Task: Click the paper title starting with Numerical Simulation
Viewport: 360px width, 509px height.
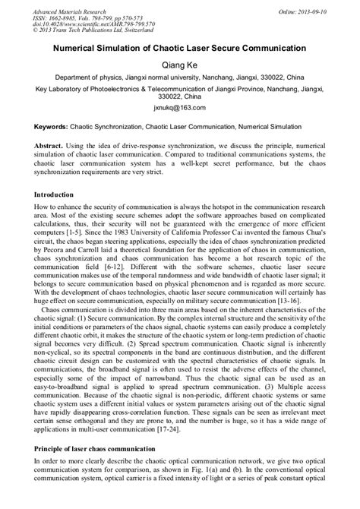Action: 179,47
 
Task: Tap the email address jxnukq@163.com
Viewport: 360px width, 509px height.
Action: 179,109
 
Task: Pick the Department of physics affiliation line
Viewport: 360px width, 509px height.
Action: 179,78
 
